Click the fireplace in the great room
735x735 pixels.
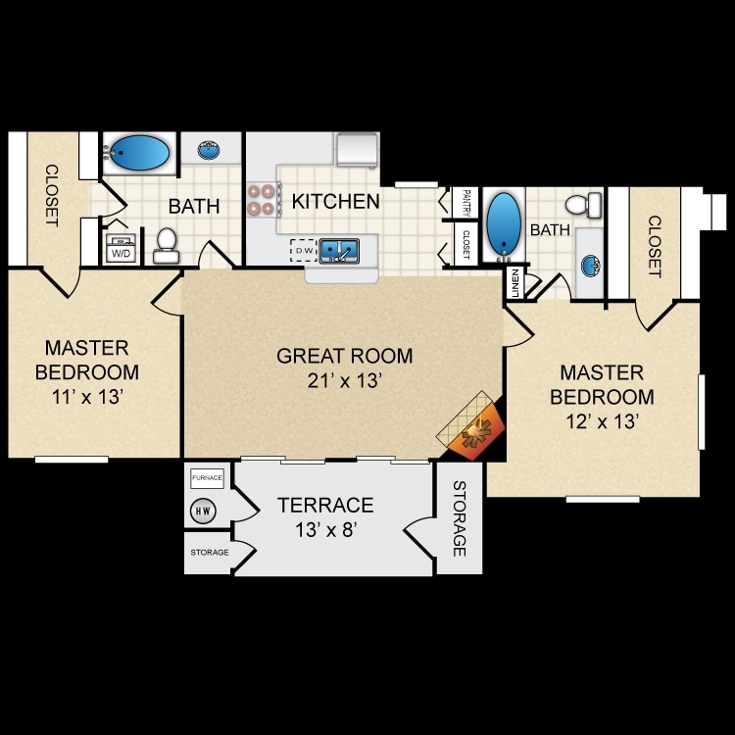(x=471, y=427)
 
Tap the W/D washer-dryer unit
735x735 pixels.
(x=121, y=248)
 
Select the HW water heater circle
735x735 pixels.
(x=203, y=511)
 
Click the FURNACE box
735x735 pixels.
(x=207, y=478)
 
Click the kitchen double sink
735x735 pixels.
(x=339, y=251)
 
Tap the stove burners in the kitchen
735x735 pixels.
(x=262, y=199)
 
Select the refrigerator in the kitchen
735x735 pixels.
(x=357, y=150)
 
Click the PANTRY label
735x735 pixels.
(x=465, y=203)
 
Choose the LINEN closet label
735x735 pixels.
(x=515, y=283)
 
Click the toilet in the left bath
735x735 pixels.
(x=167, y=245)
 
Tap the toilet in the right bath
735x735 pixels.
(x=584, y=205)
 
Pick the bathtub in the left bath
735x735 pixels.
(x=139, y=153)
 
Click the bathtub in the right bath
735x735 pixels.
(x=504, y=224)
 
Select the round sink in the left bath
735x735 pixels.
(x=209, y=150)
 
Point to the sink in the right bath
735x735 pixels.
(x=591, y=266)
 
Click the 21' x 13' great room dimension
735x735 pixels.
(x=345, y=380)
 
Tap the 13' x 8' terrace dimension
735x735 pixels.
(x=326, y=530)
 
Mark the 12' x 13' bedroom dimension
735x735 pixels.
(x=603, y=421)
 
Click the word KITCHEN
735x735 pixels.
(x=335, y=202)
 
